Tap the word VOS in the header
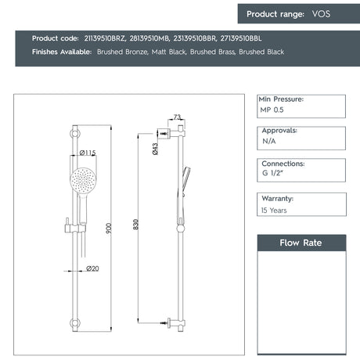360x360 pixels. pyautogui.click(x=321, y=14)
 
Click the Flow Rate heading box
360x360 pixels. pyautogui.click(x=301, y=243)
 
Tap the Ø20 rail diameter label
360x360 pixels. pyautogui.click(x=92, y=268)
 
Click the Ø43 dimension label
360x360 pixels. pyautogui.click(x=156, y=149)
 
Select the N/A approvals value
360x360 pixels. pyautogui.click(x=268, y=143)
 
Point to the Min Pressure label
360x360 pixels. pyautogui.click(x=281, y=99)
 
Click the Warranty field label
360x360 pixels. pyautogui.click(x=279, y=198)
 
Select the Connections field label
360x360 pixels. pyautogui.click(x=283, y=164)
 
